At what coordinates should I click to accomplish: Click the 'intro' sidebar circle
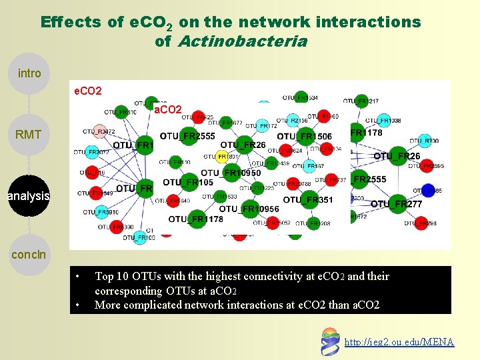tap(29, 73)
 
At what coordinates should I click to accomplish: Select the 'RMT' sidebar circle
tap(29, 135)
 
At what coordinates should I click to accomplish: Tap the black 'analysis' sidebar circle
tap(29, 196)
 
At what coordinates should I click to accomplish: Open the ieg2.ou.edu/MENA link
tap(399, 342)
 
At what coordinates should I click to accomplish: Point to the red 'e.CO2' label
tap(87, 90)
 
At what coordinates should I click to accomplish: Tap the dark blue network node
tap(429, 190)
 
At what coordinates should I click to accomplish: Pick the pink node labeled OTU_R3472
tap(99, 131)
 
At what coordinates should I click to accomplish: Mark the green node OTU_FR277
tap(397, 203)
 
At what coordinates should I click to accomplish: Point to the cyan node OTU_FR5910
tap(100, 213)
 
